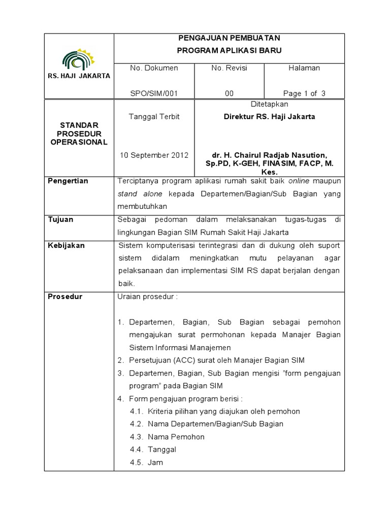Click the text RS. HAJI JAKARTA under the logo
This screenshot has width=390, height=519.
79,76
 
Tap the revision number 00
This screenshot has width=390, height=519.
229,93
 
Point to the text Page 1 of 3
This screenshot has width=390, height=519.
304,93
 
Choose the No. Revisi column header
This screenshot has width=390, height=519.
229,68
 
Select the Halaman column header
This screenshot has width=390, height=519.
304,68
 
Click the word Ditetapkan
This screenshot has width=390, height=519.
270,104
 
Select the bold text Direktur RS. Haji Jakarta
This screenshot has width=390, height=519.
270,117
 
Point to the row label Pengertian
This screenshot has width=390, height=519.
68,181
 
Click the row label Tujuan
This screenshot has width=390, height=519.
60,219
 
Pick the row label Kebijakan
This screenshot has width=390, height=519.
66,245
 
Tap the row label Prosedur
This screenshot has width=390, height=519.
64,296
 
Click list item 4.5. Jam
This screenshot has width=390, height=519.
147,463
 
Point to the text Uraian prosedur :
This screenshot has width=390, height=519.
148,296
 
